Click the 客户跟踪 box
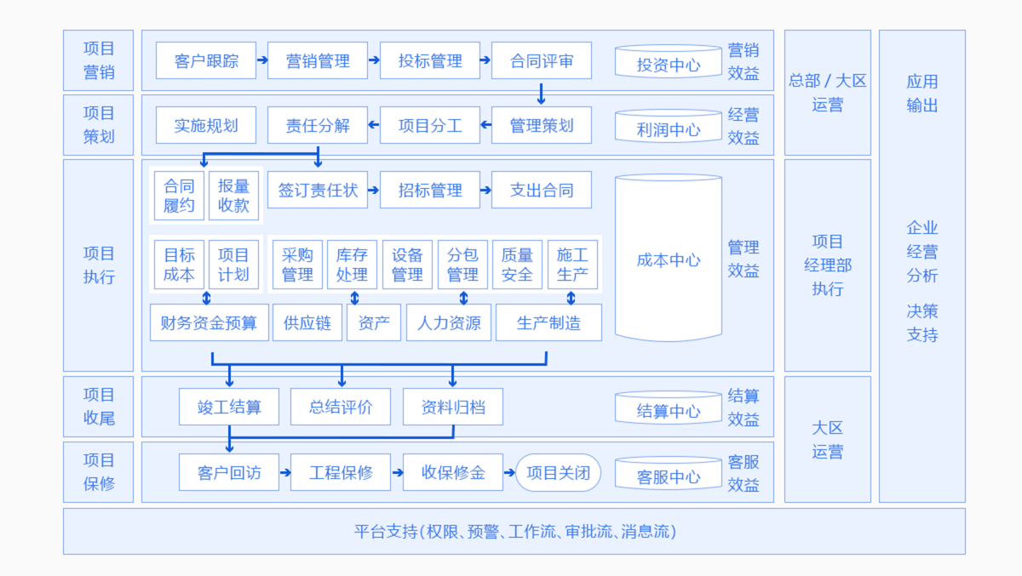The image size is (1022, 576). (206, 60)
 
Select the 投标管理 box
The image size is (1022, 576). (430, 60)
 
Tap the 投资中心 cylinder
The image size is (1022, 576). (669, 61)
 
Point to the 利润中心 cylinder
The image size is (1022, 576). (669, 126)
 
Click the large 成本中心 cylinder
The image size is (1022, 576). (669, 258)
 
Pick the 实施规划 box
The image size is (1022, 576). (206, 125)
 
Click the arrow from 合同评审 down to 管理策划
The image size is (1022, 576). (541, 94)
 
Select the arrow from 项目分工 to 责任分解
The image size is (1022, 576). (374, 125)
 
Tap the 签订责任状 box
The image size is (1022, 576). (318, 190)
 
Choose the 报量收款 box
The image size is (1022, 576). (233, 196)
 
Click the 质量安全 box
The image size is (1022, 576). (518, 265)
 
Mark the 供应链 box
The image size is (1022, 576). (307, 322)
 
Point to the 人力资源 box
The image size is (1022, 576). (449, 322)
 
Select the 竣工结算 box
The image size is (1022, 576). (229, 407)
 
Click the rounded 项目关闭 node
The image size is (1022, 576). (558, 472)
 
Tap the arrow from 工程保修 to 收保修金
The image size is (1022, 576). (397, 472)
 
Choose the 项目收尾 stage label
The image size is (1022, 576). (99, 407)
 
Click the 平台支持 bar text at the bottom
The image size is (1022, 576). (514, 532)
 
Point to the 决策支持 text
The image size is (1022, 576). (922, 323)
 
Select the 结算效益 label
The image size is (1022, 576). (744, 408)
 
